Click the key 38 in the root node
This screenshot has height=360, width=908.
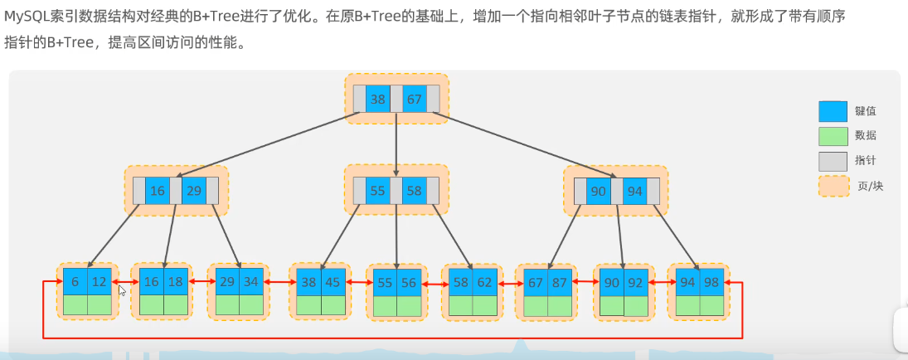377,100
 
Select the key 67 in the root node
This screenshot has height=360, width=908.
414,100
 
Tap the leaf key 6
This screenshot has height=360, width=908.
75,282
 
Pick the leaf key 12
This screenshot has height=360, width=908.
100,282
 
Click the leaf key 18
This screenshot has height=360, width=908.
176,282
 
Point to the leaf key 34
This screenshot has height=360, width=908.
252,282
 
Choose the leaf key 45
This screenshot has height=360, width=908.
333,282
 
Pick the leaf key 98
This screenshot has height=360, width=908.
711,282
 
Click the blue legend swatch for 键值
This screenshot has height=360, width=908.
833,111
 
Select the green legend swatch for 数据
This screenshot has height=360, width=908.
833,136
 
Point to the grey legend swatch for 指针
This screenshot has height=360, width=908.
833,161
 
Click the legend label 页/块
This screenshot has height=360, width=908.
871,186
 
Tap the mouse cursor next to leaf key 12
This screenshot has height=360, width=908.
123,290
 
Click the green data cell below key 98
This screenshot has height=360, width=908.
711,304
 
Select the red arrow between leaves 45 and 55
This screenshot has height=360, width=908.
357,283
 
